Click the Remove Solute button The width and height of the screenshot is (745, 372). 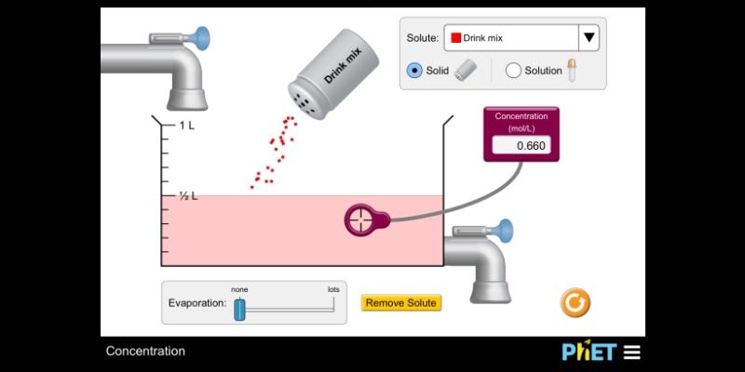400,302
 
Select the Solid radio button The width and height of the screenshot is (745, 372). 414,70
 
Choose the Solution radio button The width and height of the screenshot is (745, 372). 513,70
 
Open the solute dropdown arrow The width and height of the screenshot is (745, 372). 589,38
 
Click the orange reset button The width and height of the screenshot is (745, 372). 575,302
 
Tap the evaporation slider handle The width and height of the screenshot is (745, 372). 239,309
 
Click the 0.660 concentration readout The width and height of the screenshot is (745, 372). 521,145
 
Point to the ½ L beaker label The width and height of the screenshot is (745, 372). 188,196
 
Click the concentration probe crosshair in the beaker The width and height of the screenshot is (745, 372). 364,219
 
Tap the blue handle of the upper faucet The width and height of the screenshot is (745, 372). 200,38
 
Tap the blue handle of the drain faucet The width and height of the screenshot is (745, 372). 505,228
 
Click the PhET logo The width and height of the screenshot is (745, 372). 589,352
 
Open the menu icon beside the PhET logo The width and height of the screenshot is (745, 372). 632,352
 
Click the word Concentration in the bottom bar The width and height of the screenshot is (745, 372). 145,352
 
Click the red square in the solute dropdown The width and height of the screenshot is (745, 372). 455,38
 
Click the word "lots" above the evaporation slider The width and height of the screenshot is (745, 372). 332,289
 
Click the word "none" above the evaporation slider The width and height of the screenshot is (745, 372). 239,289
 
